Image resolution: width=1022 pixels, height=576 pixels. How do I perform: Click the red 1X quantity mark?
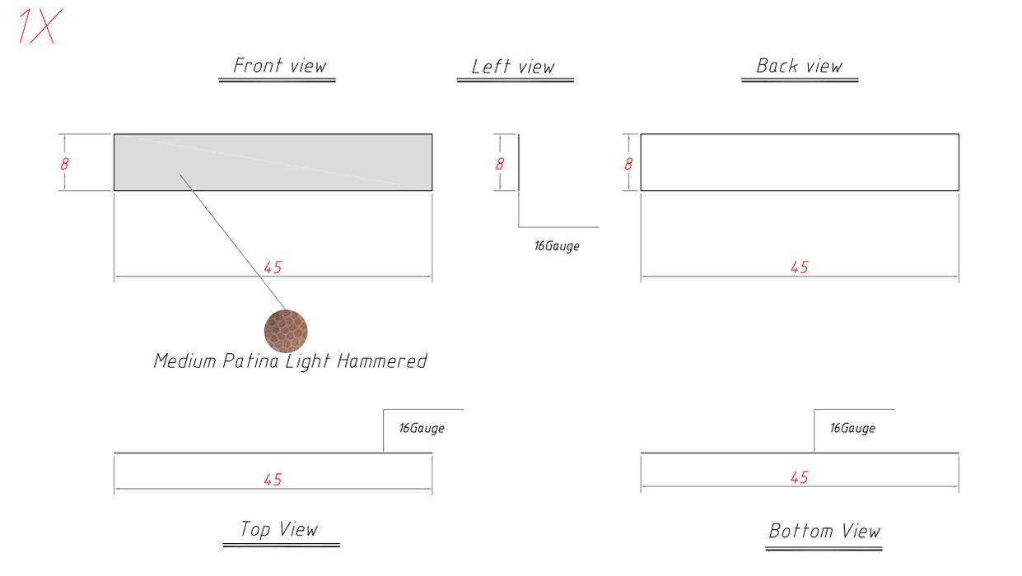coord(40,26)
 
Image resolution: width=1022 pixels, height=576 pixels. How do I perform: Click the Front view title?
coord(280,66)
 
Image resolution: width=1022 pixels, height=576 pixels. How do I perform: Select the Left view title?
coord(513,67)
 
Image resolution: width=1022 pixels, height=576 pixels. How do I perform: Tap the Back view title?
coord(800,66)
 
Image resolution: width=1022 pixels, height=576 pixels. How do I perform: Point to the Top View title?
coord(279,529)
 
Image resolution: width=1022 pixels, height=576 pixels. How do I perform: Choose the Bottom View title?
coord(824,531)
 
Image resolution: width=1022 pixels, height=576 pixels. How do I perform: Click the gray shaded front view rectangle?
coord(273,162)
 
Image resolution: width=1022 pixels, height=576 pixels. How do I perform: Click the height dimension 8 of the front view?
coord(64,164)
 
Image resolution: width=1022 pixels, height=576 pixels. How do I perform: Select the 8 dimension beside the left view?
coord(500,164)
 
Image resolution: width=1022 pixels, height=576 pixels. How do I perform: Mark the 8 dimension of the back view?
coord(628,164)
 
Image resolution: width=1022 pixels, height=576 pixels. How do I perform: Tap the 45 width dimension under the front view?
coord(273,267)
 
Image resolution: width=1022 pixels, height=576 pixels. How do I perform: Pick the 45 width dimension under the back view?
coord(800,267)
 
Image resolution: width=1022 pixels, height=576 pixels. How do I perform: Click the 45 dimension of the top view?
coord(273,480)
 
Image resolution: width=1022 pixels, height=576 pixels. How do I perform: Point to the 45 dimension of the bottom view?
coord(800,477)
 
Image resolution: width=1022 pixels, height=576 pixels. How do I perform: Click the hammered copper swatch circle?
coord(286,331)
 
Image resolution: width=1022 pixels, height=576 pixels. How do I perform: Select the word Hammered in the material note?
coord(382,361)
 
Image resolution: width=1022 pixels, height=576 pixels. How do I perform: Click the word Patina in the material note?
coord(250,361)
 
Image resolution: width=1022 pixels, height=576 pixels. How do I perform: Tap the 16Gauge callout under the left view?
coord(557,246)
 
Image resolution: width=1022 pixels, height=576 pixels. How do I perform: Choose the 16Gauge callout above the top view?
coord(422,428)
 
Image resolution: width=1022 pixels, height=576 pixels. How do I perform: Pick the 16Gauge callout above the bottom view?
coord(852,428)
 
